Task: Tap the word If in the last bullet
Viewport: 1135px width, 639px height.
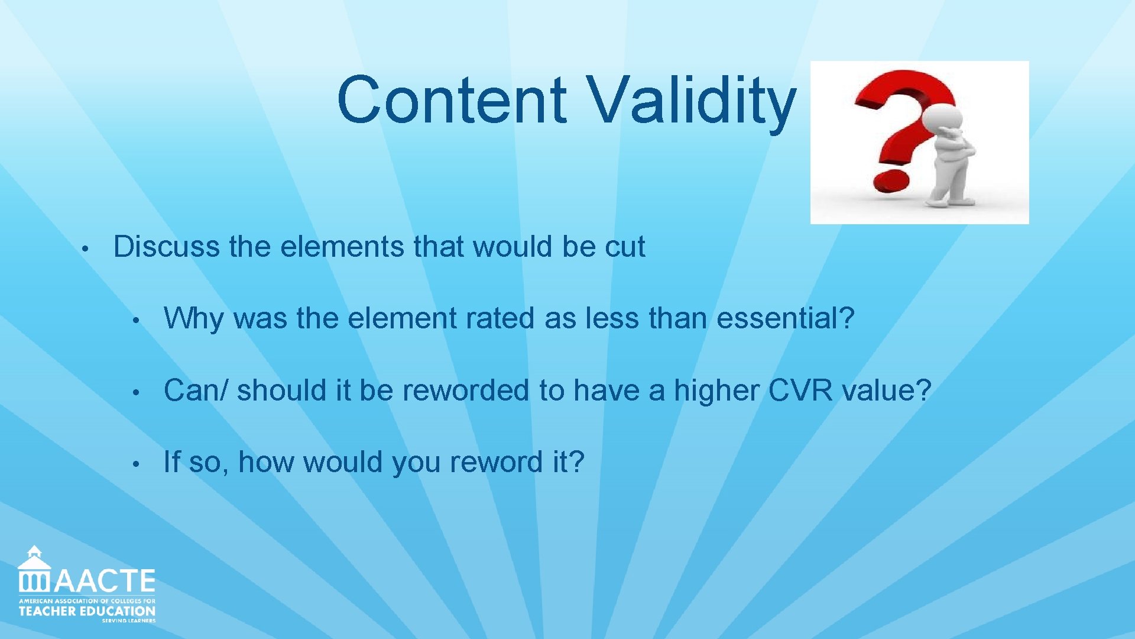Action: coord(171,462)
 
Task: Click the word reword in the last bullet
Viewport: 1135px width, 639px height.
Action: coord(496,462)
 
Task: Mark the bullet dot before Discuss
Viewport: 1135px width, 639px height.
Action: coord(85,248)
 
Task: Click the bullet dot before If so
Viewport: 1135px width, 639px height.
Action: coord(135,464)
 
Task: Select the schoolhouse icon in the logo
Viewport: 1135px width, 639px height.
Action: coord(34,570)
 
